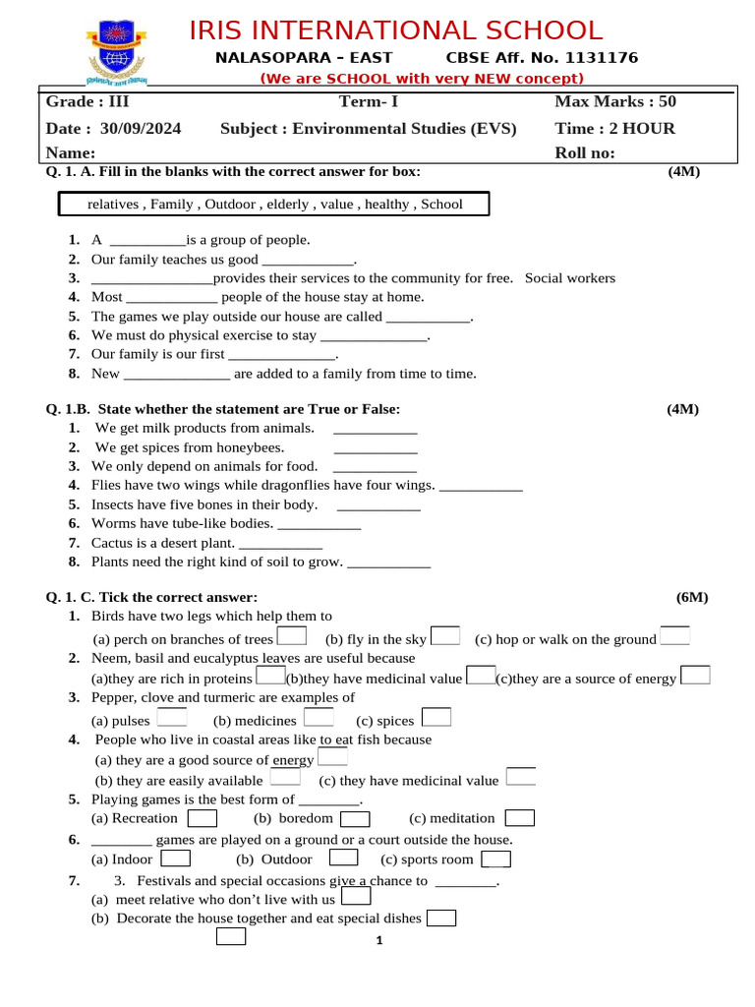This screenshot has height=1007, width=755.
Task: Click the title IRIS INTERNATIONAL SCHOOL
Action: click(x=395, y=30)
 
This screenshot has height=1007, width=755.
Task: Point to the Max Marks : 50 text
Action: click(x=615, y=101)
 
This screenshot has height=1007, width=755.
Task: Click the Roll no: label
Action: click(x=585, y=152)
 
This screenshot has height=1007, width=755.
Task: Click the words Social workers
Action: click(x=570, y=278)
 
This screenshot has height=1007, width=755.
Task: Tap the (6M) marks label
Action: click(x=691, y=597)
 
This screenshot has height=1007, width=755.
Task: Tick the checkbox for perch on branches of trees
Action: click(x=292, y=637)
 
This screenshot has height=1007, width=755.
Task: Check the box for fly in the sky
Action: click(x=445, y=636)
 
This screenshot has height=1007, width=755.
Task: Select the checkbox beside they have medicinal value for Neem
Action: click(x=481, y=676)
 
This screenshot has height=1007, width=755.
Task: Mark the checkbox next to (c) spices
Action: click(x=436, y=718)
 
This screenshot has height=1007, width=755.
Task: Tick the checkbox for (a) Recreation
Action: click(x=203, y=818)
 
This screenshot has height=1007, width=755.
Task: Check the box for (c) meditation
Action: click(x=519, y=818)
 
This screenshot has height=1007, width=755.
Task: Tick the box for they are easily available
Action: click(x=285, y=778)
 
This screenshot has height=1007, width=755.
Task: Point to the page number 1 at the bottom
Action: click(x=378, y=942)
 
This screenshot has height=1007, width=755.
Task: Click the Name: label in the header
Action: click(x=71, y=152)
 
